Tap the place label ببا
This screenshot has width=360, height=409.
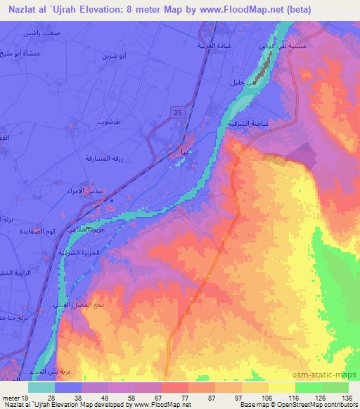coord(180,151)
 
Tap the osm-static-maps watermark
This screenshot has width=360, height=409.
coord(328,376)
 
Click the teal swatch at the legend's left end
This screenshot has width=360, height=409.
coord(41,387)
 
